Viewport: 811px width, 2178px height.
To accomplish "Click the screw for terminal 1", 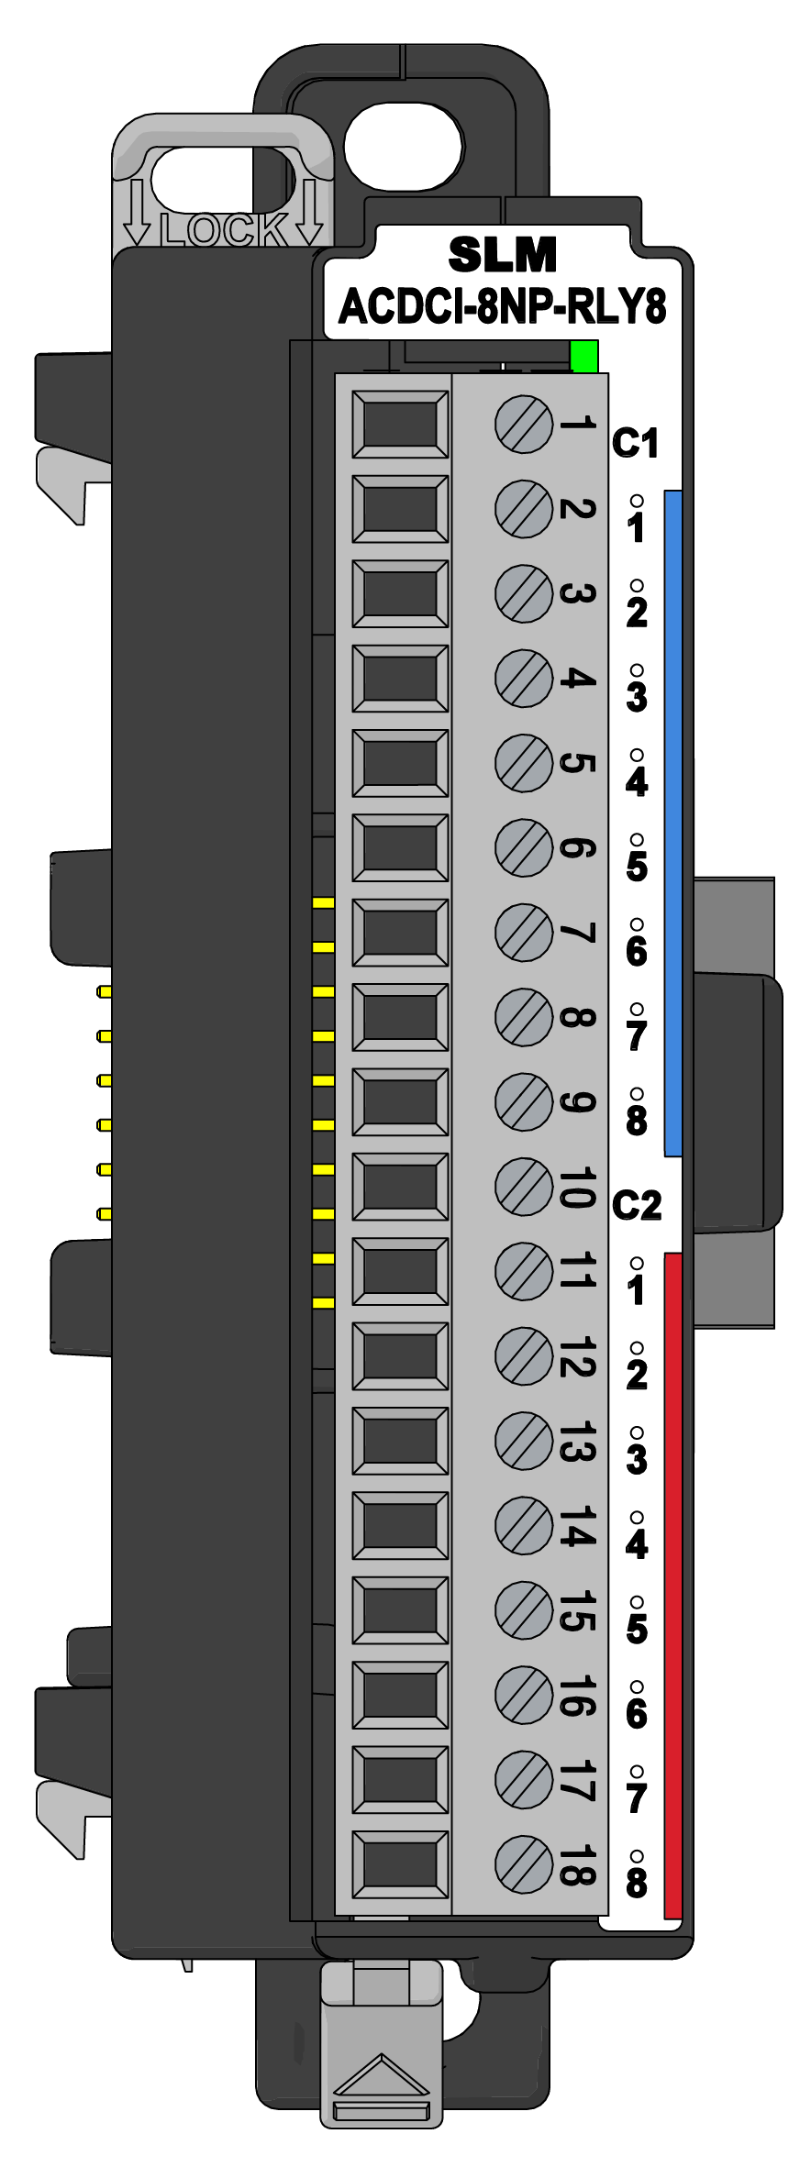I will [524, 425].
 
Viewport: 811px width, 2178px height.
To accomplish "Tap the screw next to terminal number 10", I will [524, 1186].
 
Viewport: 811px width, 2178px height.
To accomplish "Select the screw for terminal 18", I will [524, 1863].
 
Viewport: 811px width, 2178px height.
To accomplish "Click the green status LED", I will [583, 356].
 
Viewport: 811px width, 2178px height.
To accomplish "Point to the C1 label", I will [635, 443].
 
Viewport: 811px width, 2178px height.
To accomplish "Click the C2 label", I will [637, 1204].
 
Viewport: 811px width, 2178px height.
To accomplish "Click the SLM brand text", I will [503, 254].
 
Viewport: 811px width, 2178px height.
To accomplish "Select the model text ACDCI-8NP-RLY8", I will [503, 306].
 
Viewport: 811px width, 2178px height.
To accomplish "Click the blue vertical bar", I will [672, 823].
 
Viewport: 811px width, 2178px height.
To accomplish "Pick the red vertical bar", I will [672, 1585].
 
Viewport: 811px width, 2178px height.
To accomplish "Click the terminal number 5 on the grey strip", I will [576, 763].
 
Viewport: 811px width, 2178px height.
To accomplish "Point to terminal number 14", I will [576, 1525].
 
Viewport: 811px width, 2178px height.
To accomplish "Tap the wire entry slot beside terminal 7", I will [400, 933].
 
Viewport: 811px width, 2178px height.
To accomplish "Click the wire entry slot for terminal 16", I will [400, 1695].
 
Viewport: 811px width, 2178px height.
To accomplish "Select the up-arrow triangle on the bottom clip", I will [382, 2076].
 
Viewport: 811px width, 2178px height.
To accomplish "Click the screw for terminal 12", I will [524, 1355].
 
